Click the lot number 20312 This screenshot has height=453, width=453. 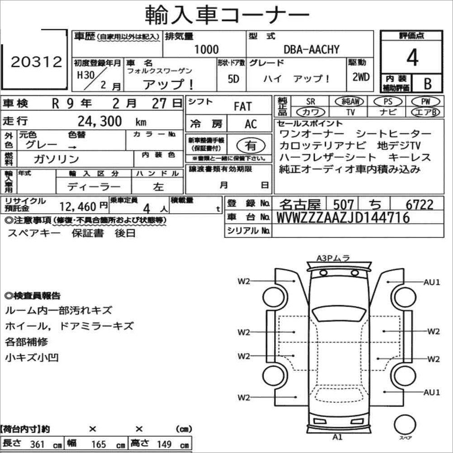tap(37, 62)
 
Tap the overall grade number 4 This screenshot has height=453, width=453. tap(412, 57)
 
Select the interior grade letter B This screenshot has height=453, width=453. tap(428, 84)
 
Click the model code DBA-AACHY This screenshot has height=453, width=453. tap(311, 50)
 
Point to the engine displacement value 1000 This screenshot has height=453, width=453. tap(206, 50)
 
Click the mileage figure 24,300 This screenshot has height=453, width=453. tap(99, 121)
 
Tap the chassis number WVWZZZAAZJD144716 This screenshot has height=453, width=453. tap(343, 217)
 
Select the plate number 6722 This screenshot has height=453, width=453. tap(420, 204)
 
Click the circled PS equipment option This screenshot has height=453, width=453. tap(388, 102)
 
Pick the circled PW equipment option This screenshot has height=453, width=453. tap(425, 102)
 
